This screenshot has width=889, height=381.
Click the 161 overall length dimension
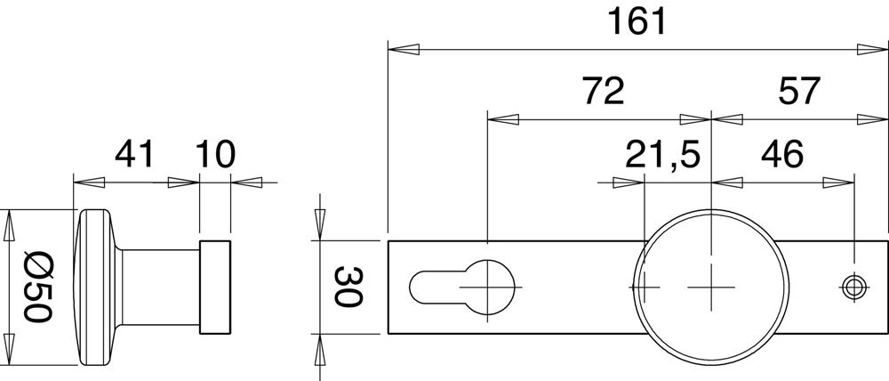[x=637, y=22]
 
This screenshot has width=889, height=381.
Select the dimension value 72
[x=604, y=91]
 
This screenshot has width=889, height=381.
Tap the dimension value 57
[x=799, y=91]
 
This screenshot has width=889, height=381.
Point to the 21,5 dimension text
[x=663, y=154]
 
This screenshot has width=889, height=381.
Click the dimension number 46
[x=782, y=154]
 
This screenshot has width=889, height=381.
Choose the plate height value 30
[x=348, y=287]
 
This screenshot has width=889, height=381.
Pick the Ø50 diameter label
[x=38, y=287]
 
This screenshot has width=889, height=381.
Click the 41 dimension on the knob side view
[x=134, y=154]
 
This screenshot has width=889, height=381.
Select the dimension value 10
[x=215, y=154]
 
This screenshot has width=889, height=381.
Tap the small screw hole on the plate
[x=853, y=287]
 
